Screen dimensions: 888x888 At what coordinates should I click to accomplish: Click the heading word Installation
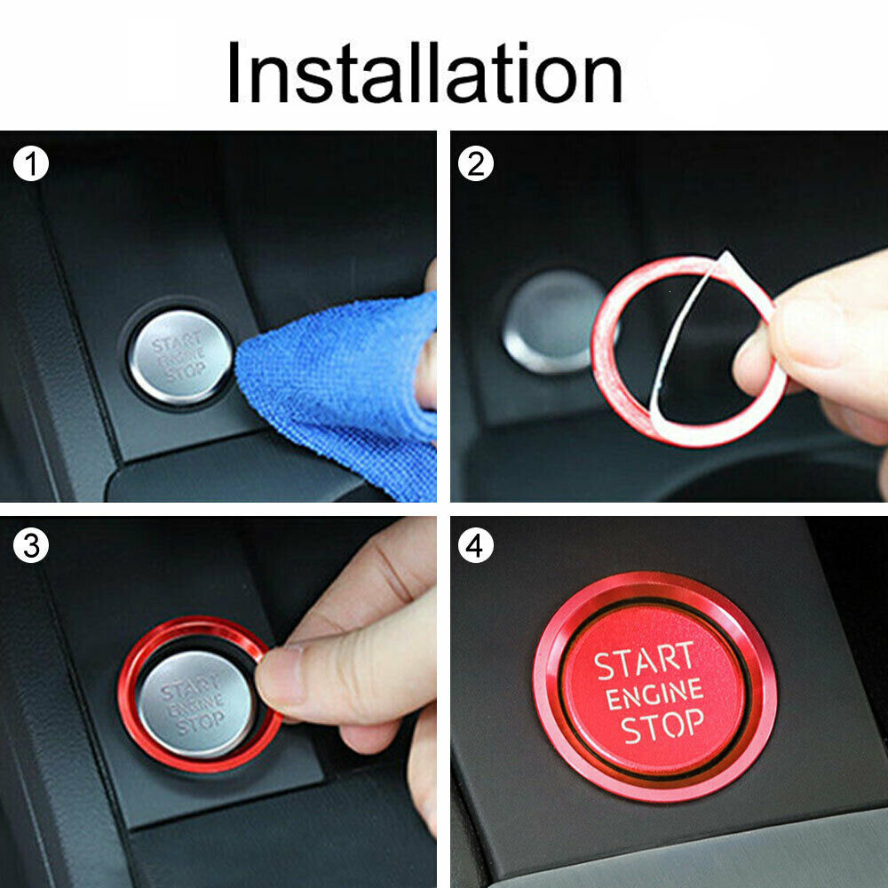tap(425, 73)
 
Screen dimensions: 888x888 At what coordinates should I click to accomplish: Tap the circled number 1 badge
tap(31, 163)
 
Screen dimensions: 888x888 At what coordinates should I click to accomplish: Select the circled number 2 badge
tap(476, 163)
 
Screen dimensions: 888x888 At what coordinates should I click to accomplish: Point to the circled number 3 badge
tap(31, 546)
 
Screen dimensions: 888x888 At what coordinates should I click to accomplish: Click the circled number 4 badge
tap(476, 546)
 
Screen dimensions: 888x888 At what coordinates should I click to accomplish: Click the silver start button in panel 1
tap(180, 357)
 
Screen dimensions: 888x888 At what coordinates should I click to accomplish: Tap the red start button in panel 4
tap(654, 690)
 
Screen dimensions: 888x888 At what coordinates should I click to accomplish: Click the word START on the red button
tap(645, 661)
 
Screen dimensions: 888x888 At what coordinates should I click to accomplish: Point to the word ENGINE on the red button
tap(654, 694)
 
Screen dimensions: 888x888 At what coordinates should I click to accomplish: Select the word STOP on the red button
tap(662, 725)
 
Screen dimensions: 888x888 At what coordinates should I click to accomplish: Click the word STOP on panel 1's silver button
tap(186, 372)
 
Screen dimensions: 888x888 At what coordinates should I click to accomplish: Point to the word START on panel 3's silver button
tap(190, 689)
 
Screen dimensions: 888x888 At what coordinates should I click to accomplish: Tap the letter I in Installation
tap(234, 73)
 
